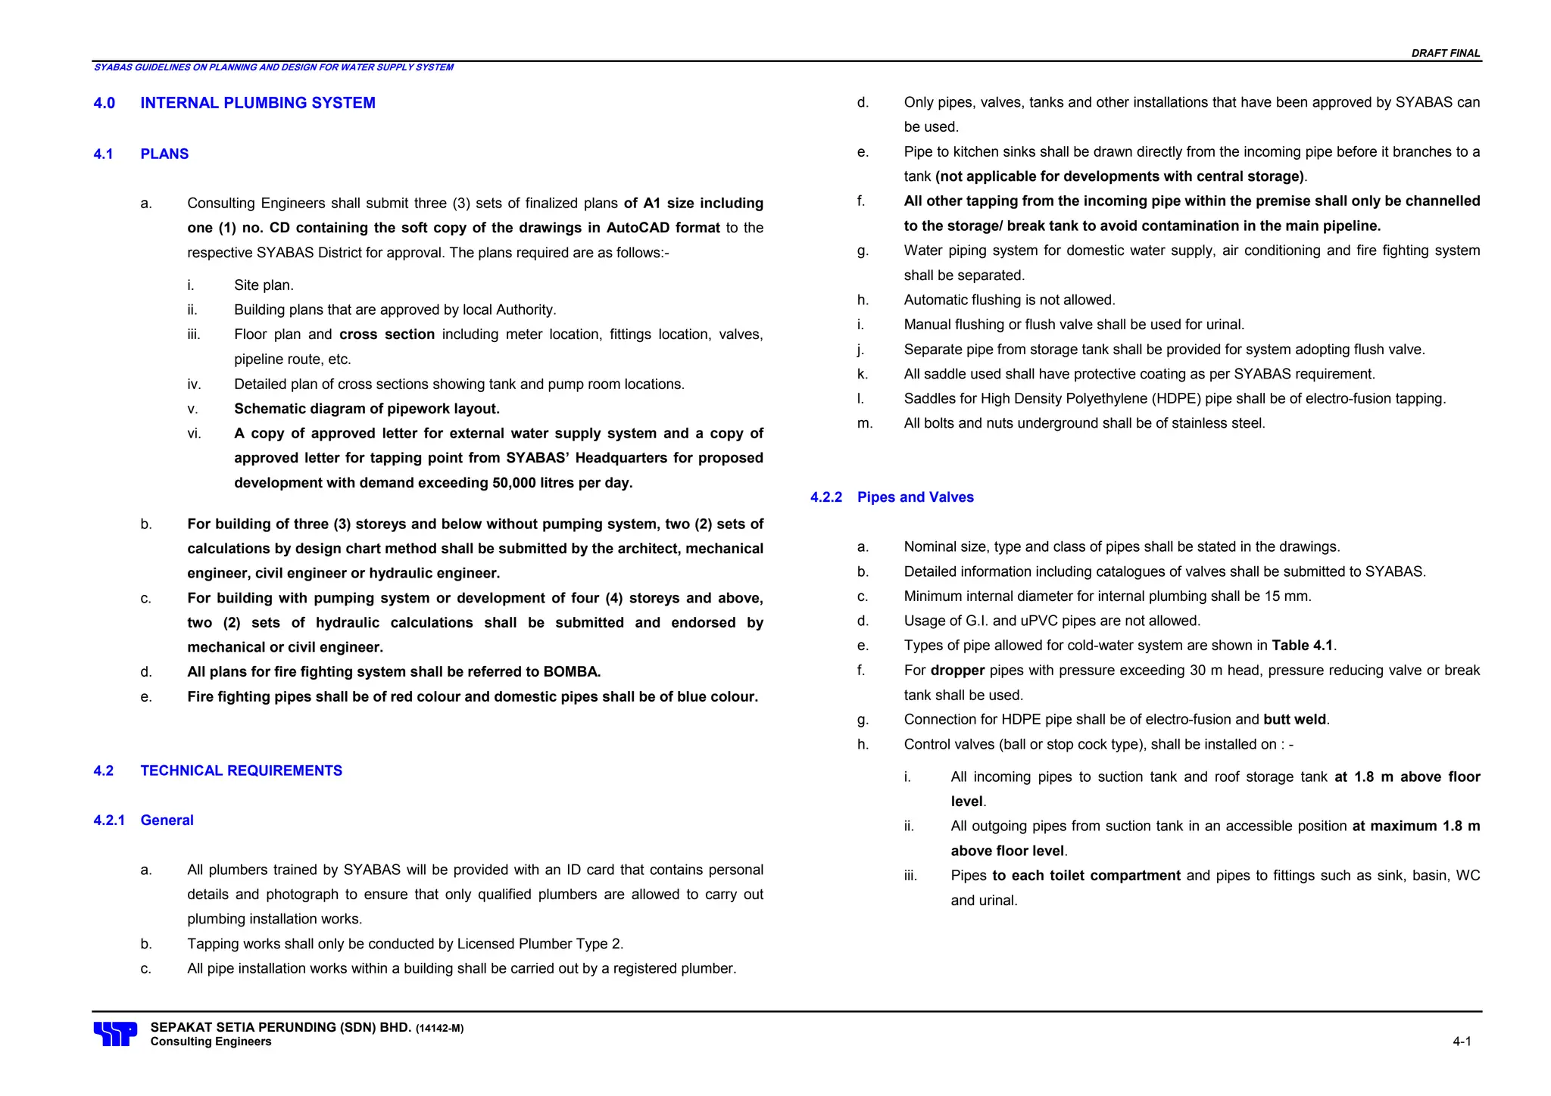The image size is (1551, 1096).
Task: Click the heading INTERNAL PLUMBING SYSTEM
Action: pyautogui.click(x=257, y=103)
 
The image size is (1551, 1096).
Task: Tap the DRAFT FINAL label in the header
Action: pyautogui.click(x=1445, y=53)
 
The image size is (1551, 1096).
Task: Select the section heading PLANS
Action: pyautogui.click(x=164, y=154)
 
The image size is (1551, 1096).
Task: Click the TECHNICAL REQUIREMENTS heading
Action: pyautogui.click(x=241, y=771)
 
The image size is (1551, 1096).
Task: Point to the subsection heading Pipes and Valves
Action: pyautogui.click(x=915, y=497)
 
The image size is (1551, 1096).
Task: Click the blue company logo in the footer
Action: pyautogui.click(x=115, y=1034)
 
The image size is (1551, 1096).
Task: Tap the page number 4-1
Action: pyautogui.click(x=1462, y=1042)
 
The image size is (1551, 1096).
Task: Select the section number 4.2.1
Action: pyautogui.click(x=109, y=820)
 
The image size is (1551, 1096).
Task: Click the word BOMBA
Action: pyautogui.click(x=571, y=672)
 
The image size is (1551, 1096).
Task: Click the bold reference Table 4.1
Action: pyautogui.click(x=1302, y=646)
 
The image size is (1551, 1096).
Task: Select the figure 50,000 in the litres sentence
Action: pyautogui.click(x=513, y=483)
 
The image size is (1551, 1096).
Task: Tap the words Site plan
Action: pyautogui.click(x=264, y=285)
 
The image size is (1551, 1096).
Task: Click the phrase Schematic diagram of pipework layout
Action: pyautogui.click(x=367, y=409)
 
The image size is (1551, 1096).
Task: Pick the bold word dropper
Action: pyautogui.click(x=957, y=671)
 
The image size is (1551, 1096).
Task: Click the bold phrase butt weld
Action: pyautogui.click(x=1295, y=720)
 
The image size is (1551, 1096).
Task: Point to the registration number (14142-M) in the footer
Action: pyautogui.click(x=439, y=1028)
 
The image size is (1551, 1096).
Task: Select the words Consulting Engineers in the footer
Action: pyautogui.click(x=211, y=1042)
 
